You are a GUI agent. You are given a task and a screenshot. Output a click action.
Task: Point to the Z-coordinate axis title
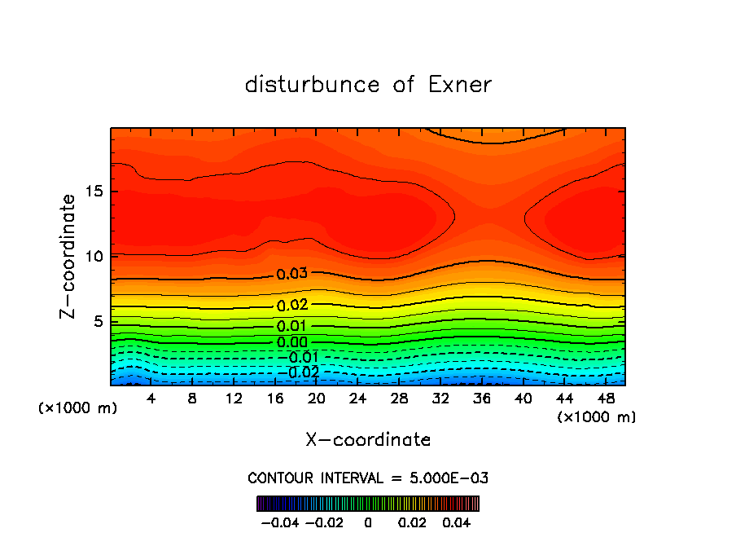68,256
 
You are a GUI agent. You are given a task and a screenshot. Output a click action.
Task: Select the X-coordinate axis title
368,440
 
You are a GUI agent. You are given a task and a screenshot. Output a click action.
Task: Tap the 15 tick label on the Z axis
90,192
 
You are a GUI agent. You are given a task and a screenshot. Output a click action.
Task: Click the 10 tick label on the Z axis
90,257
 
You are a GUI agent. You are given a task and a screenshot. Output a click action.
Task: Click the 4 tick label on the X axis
151,399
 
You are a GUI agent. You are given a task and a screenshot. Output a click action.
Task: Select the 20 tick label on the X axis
316,399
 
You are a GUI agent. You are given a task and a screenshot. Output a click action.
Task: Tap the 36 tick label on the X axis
481,399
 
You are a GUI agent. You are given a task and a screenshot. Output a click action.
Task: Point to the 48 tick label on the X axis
605,399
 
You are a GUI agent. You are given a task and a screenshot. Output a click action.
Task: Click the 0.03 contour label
291,274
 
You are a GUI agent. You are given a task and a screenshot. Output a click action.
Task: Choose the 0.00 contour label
291,342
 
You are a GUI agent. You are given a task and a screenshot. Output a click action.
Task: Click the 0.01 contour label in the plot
291,326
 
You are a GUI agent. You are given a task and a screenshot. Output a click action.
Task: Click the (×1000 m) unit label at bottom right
596,417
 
